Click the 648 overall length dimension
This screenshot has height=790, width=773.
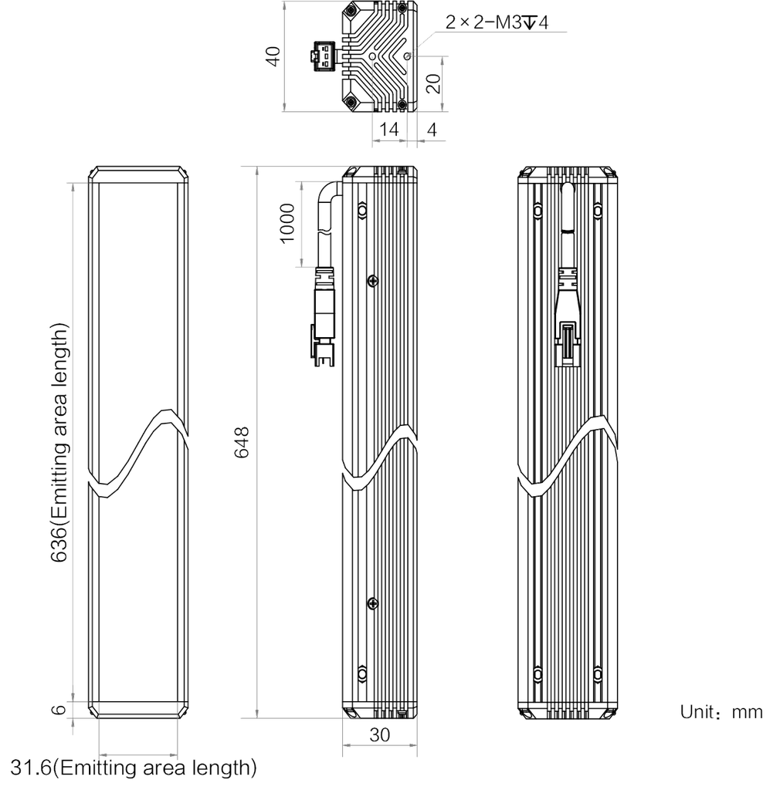[242, 442]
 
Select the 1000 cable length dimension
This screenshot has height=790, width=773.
[287, 223]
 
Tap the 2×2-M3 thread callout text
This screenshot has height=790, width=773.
[497, 22]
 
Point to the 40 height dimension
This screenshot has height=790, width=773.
[273, 56]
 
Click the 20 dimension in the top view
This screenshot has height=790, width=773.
[433, 83]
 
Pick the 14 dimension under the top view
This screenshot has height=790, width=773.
[388, 130]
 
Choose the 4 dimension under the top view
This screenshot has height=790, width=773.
[432, 130]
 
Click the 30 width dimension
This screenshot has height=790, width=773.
[380, 735]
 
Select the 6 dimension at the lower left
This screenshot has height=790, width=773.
[59, 710]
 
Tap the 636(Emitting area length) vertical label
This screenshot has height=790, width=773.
[59, 442]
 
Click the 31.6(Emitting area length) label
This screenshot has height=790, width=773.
[134, 768]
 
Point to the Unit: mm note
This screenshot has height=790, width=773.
[721, 712]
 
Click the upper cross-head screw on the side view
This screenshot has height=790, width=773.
[373, 281]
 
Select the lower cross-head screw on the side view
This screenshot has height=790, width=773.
[373, 603]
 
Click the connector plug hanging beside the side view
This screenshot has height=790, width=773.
[324, 317]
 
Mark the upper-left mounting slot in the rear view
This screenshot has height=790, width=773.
[537, 210]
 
